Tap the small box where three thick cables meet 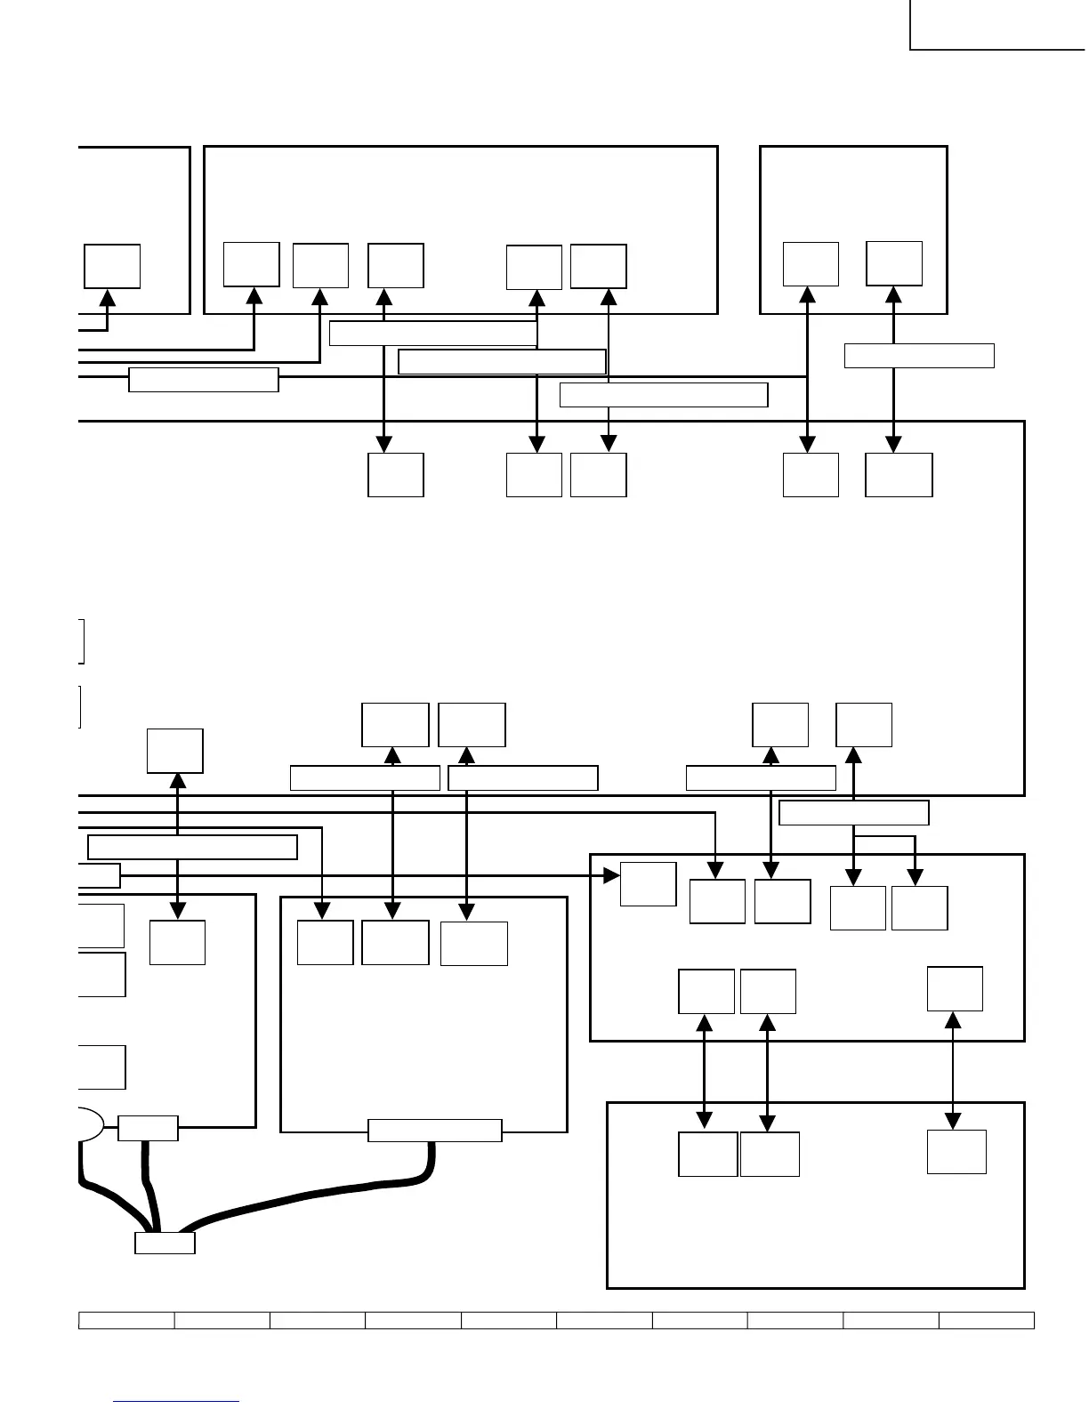click(165, 1243)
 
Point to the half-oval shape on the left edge click(90, 1124)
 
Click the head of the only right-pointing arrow click(611, 876)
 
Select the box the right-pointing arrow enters click(648, 884)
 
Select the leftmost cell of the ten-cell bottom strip click(126, 1320)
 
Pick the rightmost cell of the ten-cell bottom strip click(987, 1320)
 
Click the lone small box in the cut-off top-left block click(112, 266)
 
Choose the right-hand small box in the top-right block click(894, 263)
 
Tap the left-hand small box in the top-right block click(811, 263)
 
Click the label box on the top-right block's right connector click(919, 355)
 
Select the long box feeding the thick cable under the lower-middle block click(435, 1130)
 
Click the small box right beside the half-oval click(148, 1128)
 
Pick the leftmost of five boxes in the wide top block click(252, 264)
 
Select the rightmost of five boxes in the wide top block click(598, 266)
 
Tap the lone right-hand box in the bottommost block click(956, 1152)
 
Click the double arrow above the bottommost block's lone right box click(954, 1070)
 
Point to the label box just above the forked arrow click(854, 813)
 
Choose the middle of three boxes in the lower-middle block click(395, 942)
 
